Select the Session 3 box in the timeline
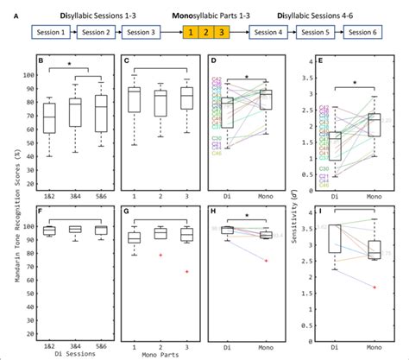tap(141, 32)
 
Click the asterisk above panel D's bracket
tap(248, 77)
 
